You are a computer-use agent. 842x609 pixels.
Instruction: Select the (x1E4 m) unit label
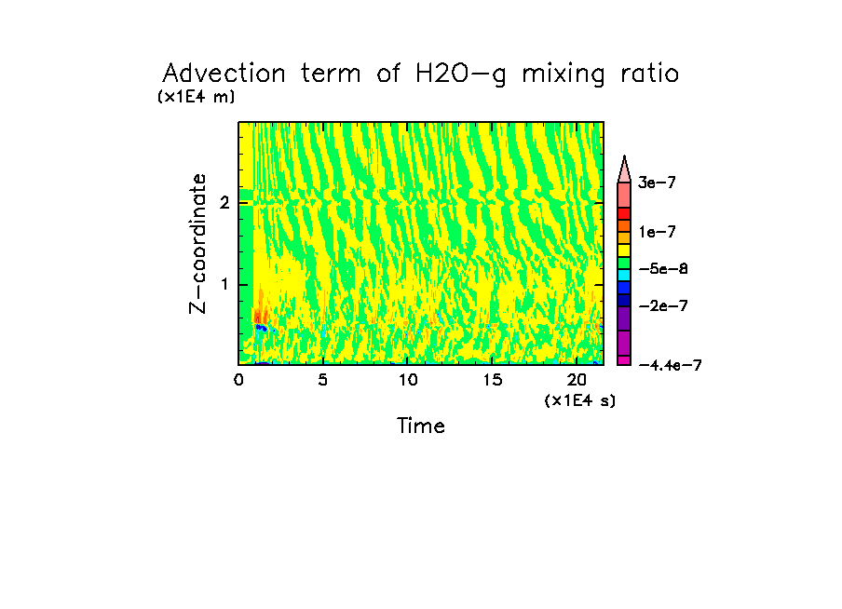196,97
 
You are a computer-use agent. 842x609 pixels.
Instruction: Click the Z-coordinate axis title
197,242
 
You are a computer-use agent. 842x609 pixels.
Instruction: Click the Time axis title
421,426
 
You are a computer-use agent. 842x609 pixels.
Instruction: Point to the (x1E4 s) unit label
579,400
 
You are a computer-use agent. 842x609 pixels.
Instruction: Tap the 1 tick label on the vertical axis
224,284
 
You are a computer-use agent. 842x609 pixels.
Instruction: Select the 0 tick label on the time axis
238,380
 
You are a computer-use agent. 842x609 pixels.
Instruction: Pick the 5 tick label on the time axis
322,380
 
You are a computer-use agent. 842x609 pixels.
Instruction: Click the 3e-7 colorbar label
657,183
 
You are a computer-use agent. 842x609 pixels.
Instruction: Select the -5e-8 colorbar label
662,269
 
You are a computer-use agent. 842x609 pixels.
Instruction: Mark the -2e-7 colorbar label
662,305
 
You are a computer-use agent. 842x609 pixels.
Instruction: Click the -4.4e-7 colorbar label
670,365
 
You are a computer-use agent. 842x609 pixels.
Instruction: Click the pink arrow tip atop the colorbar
625,166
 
